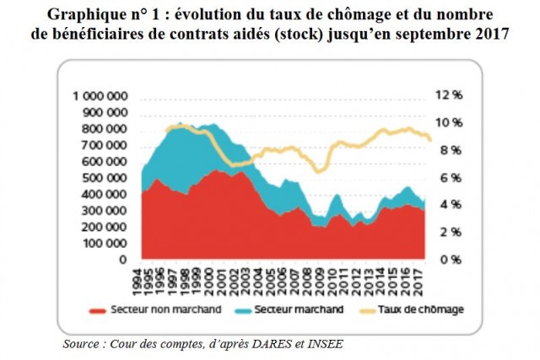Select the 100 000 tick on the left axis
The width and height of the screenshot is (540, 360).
point(107,243)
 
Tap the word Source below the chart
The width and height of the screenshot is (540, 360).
point(83,344)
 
